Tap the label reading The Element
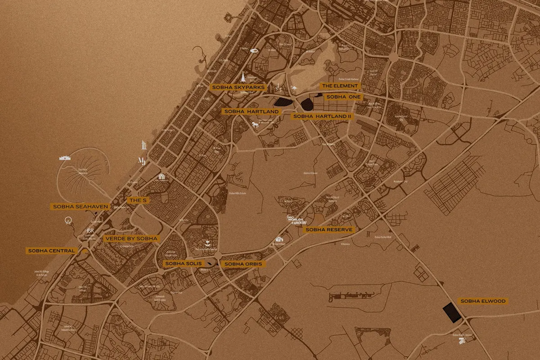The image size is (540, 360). point(339,85)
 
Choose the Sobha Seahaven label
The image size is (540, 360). point(81,207)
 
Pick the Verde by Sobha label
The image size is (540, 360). point(130,238)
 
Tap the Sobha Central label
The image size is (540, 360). point(51,251)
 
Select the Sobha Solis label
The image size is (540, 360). point(180,263)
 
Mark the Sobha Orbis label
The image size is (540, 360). point(243,264)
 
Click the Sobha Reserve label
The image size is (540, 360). point(329,229)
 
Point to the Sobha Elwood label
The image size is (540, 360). point(482,301)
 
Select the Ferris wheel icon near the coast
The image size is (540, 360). point(68,221)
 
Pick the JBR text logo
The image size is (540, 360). point(90,231)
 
